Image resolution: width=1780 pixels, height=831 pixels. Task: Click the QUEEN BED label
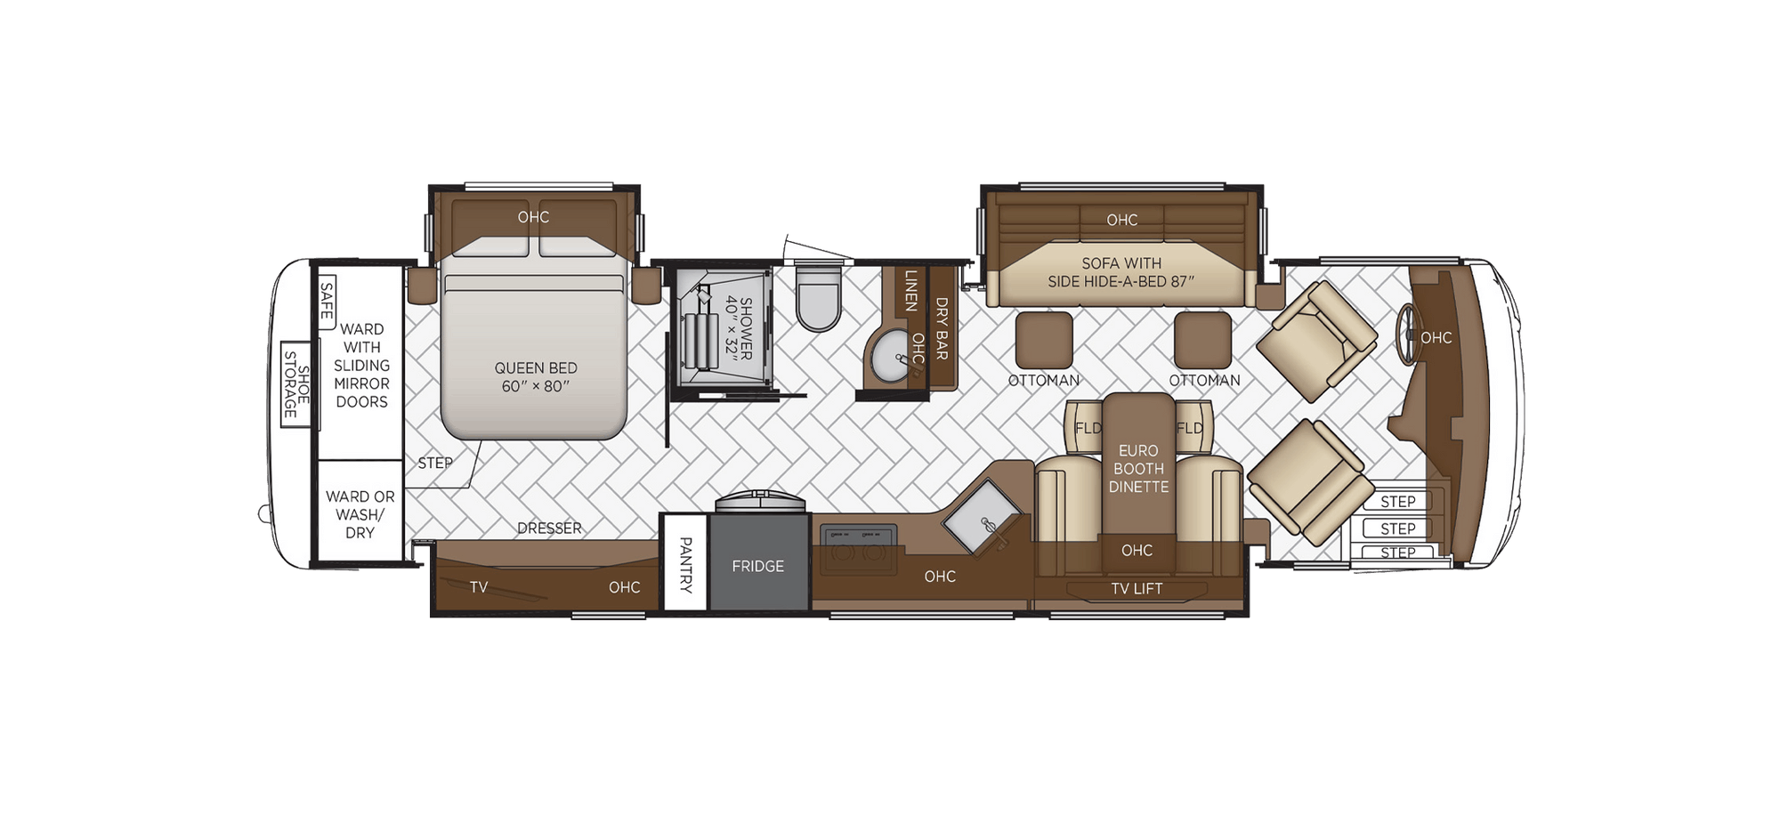click(535, 376)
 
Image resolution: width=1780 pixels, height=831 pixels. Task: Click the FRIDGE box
click(757, 566)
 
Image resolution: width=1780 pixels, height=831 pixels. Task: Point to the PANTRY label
click(685, 564)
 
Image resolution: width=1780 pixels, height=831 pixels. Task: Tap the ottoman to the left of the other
click(1043, 340)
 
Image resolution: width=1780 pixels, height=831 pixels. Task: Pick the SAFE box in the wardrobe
click(326, 300)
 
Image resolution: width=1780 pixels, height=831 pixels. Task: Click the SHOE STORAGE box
click(295, 384)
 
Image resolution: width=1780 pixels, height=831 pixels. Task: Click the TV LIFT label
click(1137, 588)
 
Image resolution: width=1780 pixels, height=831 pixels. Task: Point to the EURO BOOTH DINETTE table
click(1138, 468)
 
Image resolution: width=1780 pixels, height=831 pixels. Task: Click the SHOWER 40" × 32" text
click(739, 328)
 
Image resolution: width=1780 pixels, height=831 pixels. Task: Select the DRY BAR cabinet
click(942, 327)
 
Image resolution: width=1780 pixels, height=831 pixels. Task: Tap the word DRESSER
click(549, 528)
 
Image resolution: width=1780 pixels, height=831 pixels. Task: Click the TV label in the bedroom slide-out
click(479, 587)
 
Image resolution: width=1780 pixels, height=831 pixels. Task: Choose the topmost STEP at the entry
click(1397, 502)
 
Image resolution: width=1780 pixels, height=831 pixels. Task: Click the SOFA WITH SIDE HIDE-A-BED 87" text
click(1121, 272)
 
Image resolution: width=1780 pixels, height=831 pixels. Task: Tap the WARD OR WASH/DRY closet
click(360, 514)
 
